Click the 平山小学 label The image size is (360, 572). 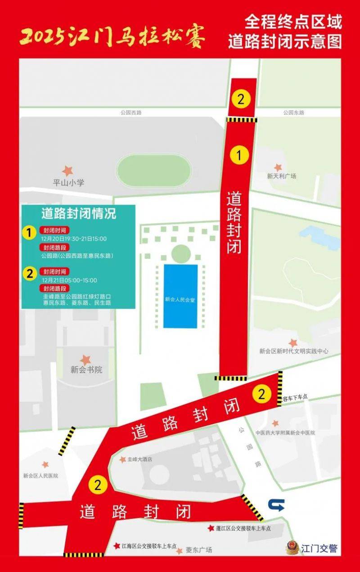click(68, 183)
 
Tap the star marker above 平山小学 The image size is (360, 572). click(68, 171)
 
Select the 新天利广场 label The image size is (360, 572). click(282, 176)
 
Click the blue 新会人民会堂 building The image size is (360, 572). click(180, 296)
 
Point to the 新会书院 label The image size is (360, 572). click(86, 370)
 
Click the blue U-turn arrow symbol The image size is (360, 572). click(275, 505)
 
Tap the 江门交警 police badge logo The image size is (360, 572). click(292, 548)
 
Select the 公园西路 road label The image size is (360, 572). click(131, 113)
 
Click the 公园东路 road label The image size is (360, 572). click(294, 113)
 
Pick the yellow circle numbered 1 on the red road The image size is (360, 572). click(239, 155)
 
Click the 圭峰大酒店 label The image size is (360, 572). click(140, 459)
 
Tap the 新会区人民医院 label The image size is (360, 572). click(40, 476)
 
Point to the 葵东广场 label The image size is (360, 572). click(198, 550)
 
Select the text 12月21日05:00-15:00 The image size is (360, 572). click(69, 280)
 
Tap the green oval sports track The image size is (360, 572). click(154, 171)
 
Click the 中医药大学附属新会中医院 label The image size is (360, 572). click(285, 433)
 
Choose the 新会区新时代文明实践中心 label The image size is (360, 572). click(294, 351)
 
